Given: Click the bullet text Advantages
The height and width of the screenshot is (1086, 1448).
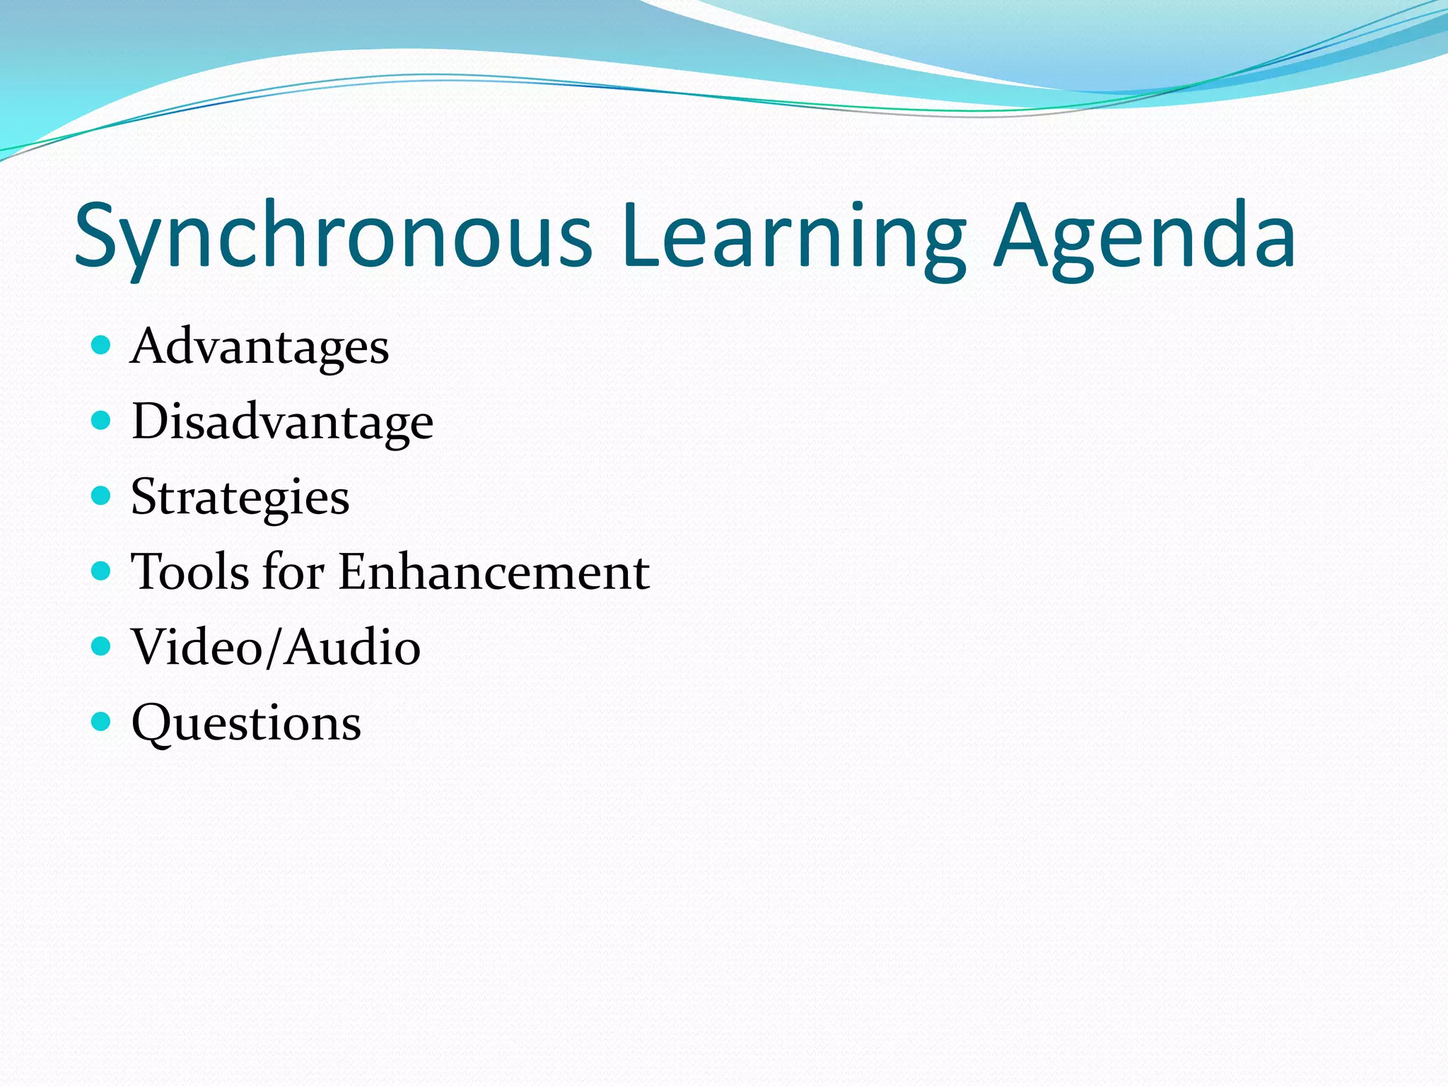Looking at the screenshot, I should click(x=260, y=347).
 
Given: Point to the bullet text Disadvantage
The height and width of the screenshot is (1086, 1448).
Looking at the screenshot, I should click(x=283, y=422).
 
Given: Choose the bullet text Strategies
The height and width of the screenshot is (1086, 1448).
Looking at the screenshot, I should click(x=240, y=498).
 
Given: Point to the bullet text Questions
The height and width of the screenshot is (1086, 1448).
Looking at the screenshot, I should click(x=246, y=723).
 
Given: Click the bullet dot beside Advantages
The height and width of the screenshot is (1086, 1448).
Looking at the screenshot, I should click(x=102, y=345).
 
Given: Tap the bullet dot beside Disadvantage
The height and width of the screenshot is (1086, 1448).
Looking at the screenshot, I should click(x=102, y=421).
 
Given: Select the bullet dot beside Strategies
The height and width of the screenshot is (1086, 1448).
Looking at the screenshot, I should click(x=102, y=496).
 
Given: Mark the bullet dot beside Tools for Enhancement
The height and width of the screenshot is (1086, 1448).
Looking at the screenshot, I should click(x=102, y=571).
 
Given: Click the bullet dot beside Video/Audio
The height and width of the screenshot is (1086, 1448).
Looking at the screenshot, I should click(x=102, y=646).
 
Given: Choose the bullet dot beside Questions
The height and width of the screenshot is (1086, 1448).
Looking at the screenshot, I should click(x=102, y=722).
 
